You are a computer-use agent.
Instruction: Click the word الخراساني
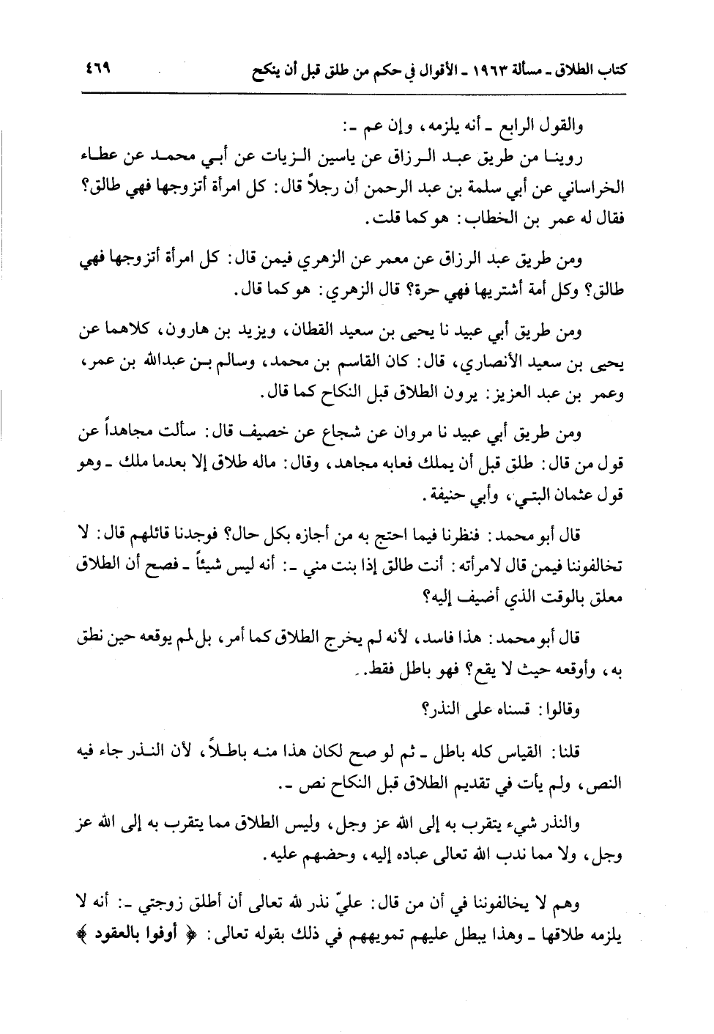(592, 188)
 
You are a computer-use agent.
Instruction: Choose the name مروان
(425, 435)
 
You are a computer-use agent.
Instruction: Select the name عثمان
(562, 496)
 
